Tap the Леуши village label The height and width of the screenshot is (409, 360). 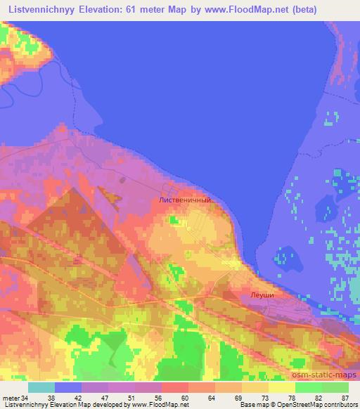click(262, 295)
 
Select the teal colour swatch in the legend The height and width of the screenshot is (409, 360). click(41, 387)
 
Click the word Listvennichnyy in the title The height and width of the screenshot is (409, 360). click(43, 10)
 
